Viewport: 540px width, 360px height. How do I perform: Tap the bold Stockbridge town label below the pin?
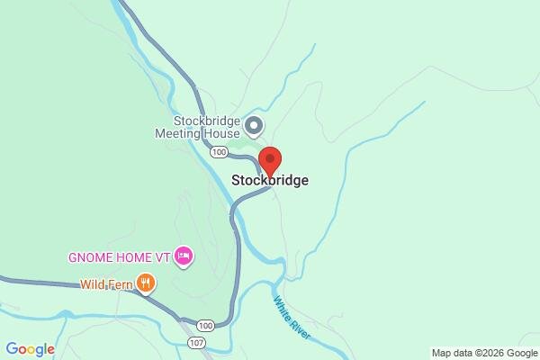point(270,180)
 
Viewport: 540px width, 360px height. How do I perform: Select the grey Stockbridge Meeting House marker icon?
point(254,125)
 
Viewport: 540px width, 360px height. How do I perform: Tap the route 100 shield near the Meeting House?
point(219,152)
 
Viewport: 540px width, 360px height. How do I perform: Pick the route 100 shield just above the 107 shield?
point(207,325)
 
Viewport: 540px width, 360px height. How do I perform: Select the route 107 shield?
point(195,342)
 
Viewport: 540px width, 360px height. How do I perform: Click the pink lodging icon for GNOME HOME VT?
point(184,256)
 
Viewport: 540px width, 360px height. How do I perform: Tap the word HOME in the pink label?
point(136,256)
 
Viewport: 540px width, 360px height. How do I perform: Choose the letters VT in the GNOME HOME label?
point(164,256)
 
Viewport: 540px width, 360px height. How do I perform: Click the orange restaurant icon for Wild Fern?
point(146,285)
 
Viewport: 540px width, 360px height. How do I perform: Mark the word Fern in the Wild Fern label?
point(121,285)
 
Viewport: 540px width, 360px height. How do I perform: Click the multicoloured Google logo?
point(30,349)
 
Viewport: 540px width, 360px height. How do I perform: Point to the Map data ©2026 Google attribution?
point(482,352)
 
